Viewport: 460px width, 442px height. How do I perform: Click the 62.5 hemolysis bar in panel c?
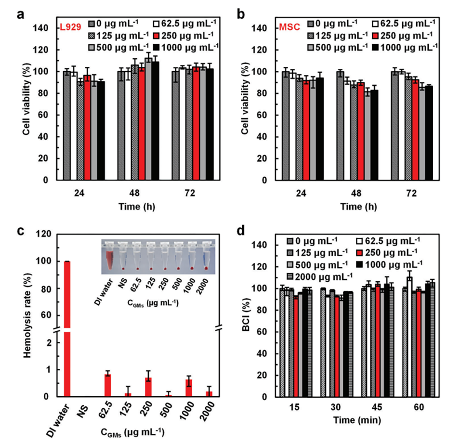point(107,385)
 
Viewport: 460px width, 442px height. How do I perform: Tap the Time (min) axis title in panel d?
point(359,420)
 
